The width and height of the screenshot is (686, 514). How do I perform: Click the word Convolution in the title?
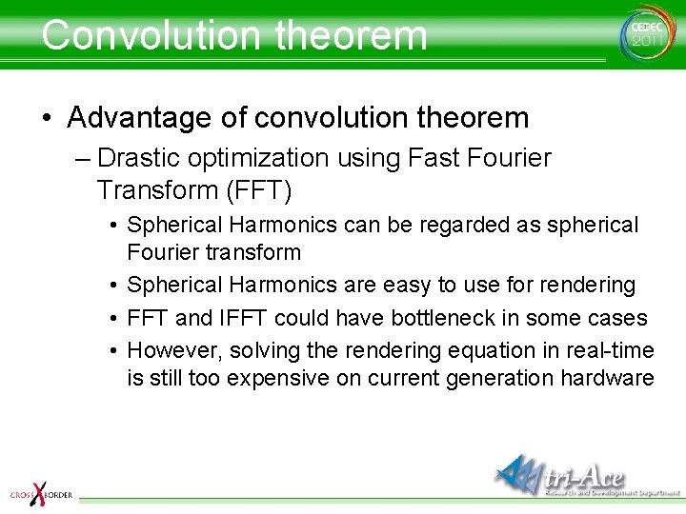click(151, 35)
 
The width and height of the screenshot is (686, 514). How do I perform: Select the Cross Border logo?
click(41, 494)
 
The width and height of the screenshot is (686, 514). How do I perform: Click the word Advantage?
click(139, 118)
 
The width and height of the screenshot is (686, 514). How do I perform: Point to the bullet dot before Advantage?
click(48, 118)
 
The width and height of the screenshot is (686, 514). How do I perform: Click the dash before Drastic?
click(83, 160)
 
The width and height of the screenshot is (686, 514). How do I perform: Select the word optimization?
click(258, 159)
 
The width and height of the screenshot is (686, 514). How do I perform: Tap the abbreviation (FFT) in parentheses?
click(259, 190)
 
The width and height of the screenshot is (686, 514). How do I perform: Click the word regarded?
click(464, 226)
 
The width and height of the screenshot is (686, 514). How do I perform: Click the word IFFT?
click(243, 318)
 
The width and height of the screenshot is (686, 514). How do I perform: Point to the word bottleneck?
click(443, 318)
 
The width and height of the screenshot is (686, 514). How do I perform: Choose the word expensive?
click(278, 379)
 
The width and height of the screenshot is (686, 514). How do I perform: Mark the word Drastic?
click(138, 158)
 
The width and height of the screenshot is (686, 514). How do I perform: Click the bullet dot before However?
click(113, 351)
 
